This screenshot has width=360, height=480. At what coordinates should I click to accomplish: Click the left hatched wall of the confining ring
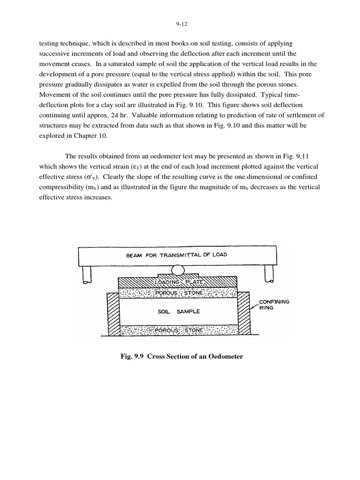pos(113,314)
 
